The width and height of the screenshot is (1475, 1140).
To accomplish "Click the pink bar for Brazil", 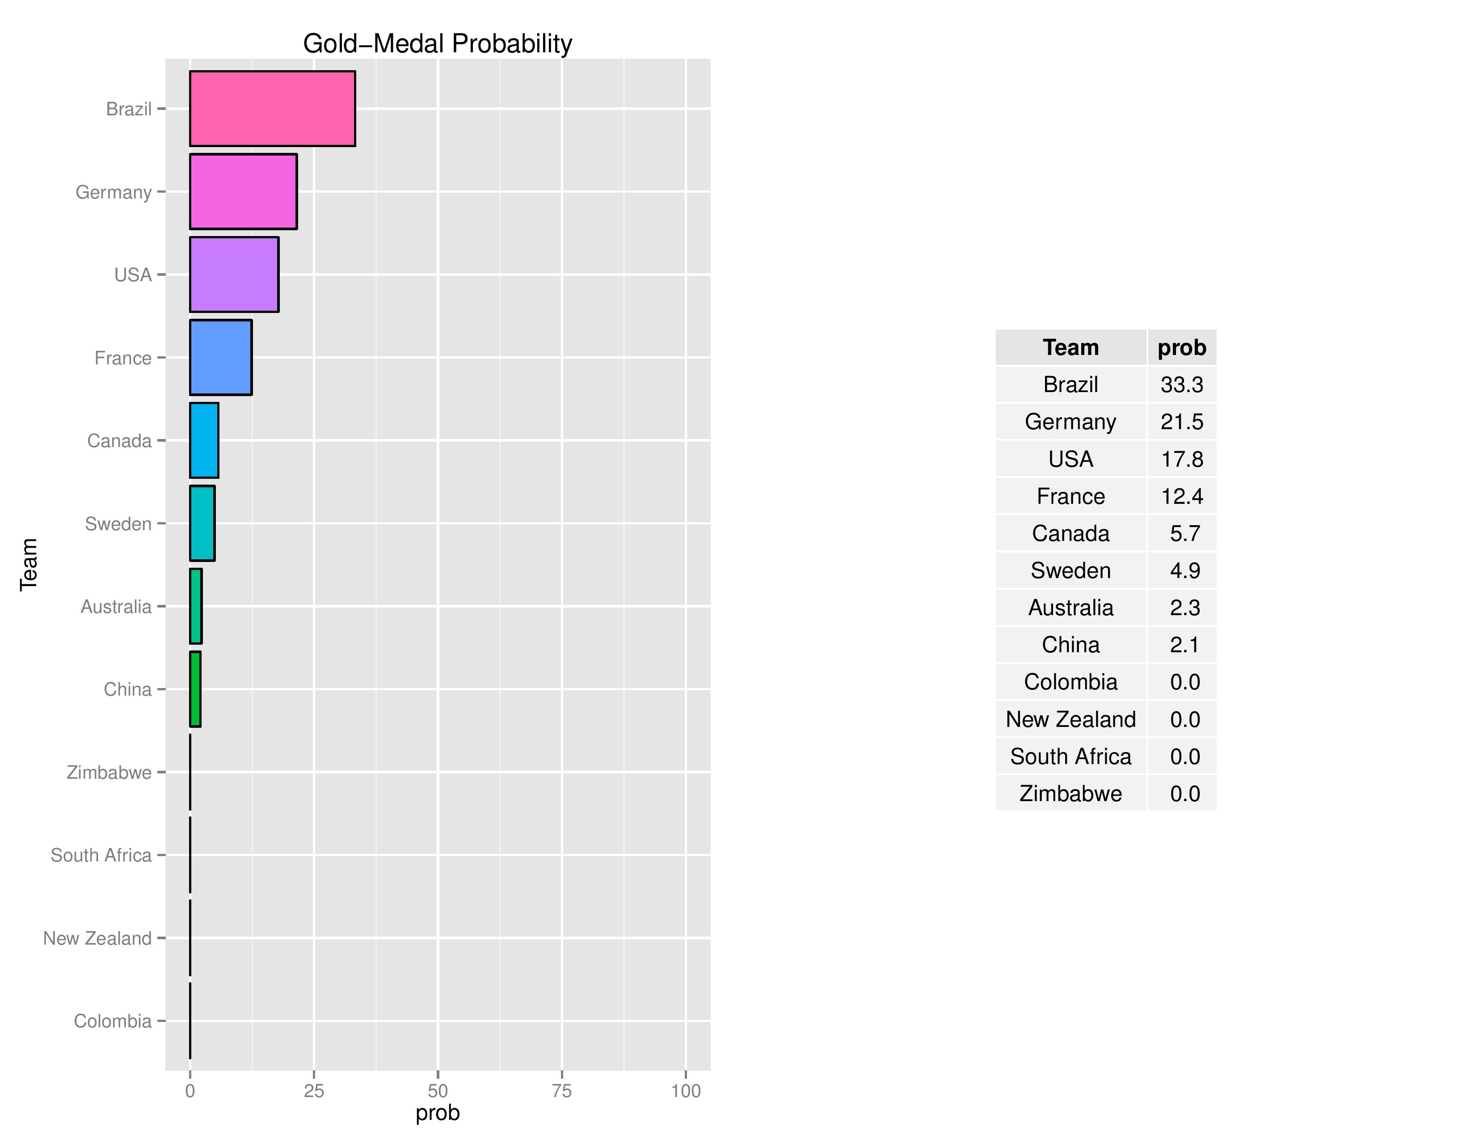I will (x=272, y=109).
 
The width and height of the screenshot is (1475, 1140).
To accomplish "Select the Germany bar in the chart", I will (x=243, y=192).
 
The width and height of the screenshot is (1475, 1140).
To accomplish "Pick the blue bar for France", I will (x=221, y=357).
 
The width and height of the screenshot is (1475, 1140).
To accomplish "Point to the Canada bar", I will (x=204, y=440).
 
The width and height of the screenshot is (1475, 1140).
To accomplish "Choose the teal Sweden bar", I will (x=202, y=524).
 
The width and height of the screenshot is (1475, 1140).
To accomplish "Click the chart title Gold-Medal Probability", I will (x=437, y=44).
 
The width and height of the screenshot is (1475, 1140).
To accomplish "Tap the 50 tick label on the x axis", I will (x=438, y=1091).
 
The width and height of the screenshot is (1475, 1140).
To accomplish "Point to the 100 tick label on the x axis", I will (x=686, y=1091).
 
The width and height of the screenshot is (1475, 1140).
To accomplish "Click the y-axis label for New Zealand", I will (x=97, y=938).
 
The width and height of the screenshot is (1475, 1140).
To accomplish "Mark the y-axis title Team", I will (x=28, y=565).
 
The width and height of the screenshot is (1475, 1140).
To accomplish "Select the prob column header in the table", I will (x=1182, y=348).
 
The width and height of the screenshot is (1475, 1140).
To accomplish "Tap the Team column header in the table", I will (x=1070, y=348).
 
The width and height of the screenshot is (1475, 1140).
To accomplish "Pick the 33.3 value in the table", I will (x=1182, y=385).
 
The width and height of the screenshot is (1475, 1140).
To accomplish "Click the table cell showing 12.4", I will (x=1182, y=496).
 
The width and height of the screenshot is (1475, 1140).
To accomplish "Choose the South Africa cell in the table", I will (x=1070, y=756).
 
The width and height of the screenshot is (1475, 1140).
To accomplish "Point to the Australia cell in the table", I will (x=1070, y=608).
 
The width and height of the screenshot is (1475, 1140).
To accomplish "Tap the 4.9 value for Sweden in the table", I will (x=1184, y=571).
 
